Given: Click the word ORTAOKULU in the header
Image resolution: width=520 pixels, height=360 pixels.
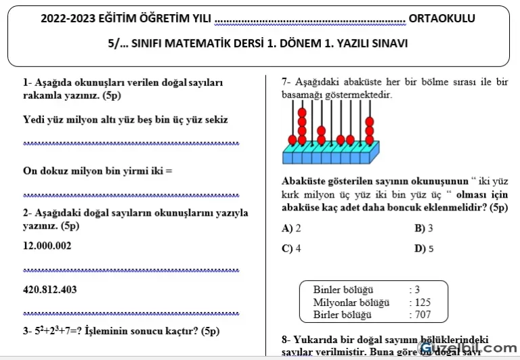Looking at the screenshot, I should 441,18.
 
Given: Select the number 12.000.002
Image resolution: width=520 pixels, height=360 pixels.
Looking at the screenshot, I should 47,246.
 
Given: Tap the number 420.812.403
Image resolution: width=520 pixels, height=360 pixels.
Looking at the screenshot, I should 50,290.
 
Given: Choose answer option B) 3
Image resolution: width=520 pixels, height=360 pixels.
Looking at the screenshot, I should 424,228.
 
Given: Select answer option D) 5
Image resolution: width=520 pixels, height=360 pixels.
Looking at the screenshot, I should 424,248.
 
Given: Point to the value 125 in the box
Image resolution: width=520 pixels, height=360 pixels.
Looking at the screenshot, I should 422,302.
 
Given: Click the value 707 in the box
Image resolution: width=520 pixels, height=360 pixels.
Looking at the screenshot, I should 422,315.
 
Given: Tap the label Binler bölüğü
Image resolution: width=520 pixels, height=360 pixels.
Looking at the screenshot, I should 343,290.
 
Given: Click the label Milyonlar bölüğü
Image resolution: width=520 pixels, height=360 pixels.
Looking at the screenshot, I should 351,302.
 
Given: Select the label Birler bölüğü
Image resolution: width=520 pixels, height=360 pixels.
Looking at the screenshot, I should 343,315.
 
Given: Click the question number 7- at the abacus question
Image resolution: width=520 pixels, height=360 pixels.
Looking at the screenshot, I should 287,83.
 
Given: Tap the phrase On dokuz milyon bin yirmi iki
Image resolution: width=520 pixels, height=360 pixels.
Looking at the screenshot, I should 93,171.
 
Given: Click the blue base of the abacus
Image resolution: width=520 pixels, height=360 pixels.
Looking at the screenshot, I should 330,156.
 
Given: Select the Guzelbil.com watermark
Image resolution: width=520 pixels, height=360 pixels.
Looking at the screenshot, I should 469,347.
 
